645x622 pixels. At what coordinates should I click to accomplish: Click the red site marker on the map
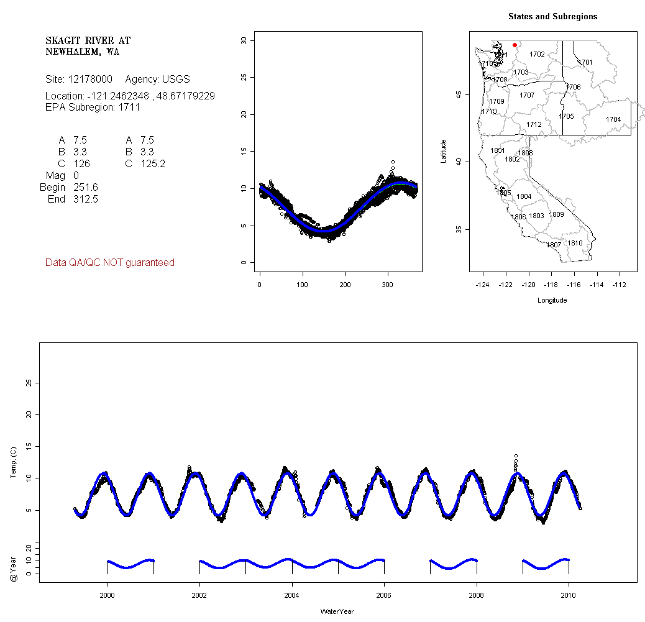tap(515, 45)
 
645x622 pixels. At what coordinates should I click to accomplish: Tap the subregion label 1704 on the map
tap(613, 119)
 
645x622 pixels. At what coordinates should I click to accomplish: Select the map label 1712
tap(534, 124)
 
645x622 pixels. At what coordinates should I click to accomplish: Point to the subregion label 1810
tap(575, 243)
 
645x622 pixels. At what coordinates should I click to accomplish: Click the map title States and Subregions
tap(552, 17)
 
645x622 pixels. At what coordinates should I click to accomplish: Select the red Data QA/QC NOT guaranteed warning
tap(110, 263)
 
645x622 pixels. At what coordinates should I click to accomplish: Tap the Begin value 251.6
tap(85, 187)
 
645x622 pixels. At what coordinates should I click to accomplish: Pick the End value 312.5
tap(85, 199)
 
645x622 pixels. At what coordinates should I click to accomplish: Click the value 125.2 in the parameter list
tap(153, 163)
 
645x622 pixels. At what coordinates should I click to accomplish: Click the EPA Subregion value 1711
tap(129, 107)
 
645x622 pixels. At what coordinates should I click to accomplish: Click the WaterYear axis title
tap(337, 611)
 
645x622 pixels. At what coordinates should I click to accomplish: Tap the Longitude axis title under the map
tap(552, 300)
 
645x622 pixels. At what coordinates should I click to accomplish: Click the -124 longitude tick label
tap(482, 285)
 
